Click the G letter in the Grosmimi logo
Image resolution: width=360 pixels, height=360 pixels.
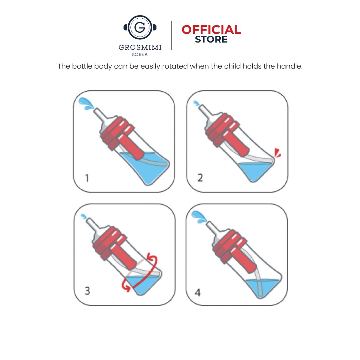click(x=140, y=27)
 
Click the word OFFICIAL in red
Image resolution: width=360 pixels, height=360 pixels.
click(x=211, y=30)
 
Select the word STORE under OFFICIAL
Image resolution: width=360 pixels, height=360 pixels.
click(x=211, y=39)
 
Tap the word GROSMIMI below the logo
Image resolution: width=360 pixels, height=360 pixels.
click(x=140, y=47)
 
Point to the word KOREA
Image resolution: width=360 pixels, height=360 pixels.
click(x=140, y=54)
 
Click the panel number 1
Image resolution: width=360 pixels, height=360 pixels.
click(x=87, y=178)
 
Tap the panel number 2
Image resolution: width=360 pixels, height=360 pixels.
click(x=200, y=178)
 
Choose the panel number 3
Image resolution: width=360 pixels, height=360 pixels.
click(x=87, y=291)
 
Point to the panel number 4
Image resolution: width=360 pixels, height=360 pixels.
click(x=198, y=292)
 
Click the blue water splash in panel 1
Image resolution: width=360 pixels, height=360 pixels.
click(x=86, y=104)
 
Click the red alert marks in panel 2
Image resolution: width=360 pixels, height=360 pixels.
click(x=278, y=153)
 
